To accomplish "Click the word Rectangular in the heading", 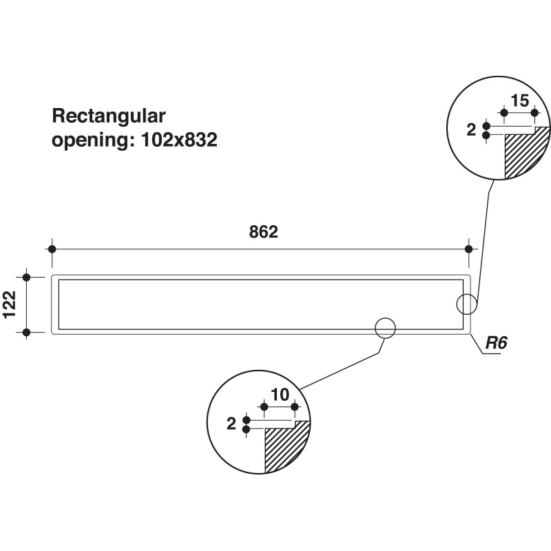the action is click(109, 116).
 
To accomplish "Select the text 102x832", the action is click(179, 140).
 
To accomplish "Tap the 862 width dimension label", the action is click(264, 232).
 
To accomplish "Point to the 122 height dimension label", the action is click(10, 304).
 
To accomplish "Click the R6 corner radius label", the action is click(496, 342).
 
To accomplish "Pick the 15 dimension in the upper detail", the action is click(520, 101).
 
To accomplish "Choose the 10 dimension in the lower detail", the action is click(280, 395).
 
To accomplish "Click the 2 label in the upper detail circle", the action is click(471, 130).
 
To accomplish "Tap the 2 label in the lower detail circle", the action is click(231, 424).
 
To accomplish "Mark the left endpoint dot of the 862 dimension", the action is click(52, 249).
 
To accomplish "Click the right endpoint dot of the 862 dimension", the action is click(469, 249).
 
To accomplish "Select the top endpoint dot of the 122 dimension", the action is click(26, 278).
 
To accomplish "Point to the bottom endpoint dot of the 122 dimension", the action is click(26, 332).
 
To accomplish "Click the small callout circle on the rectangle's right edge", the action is click(457, 304).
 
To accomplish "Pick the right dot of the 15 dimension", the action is click(535, 113).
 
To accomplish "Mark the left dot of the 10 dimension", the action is click(264, 407).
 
